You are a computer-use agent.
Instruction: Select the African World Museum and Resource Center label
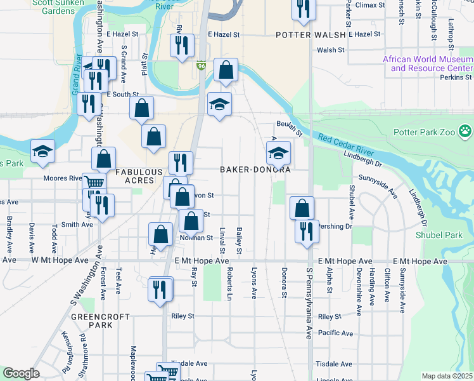pos(427,63)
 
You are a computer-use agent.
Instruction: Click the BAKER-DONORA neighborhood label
pos(255,170)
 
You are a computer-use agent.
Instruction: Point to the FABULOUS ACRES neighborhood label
pos(134,176)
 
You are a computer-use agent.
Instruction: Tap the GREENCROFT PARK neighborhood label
pos(91,321)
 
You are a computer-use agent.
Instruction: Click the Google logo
pos(20,373)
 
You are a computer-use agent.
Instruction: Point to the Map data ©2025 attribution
pos(447,376)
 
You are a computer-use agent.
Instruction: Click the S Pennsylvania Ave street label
pos(309,303)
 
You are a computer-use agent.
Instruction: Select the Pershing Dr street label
pos(336,226)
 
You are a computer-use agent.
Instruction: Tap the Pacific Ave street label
pos(335,333)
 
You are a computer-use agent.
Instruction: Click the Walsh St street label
pos(330,50)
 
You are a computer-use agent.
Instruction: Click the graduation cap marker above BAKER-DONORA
pos(278,152)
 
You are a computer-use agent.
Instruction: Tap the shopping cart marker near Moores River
pos(94,183)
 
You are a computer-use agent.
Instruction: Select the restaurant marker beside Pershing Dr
pos(306,231)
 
